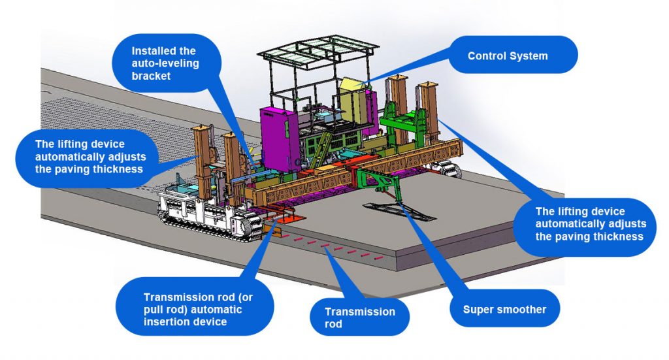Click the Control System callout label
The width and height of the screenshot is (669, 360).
508,56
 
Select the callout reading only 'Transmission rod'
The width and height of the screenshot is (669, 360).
360,318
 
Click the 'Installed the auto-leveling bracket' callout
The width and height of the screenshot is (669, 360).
165,63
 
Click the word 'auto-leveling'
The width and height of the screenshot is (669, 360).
165,63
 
